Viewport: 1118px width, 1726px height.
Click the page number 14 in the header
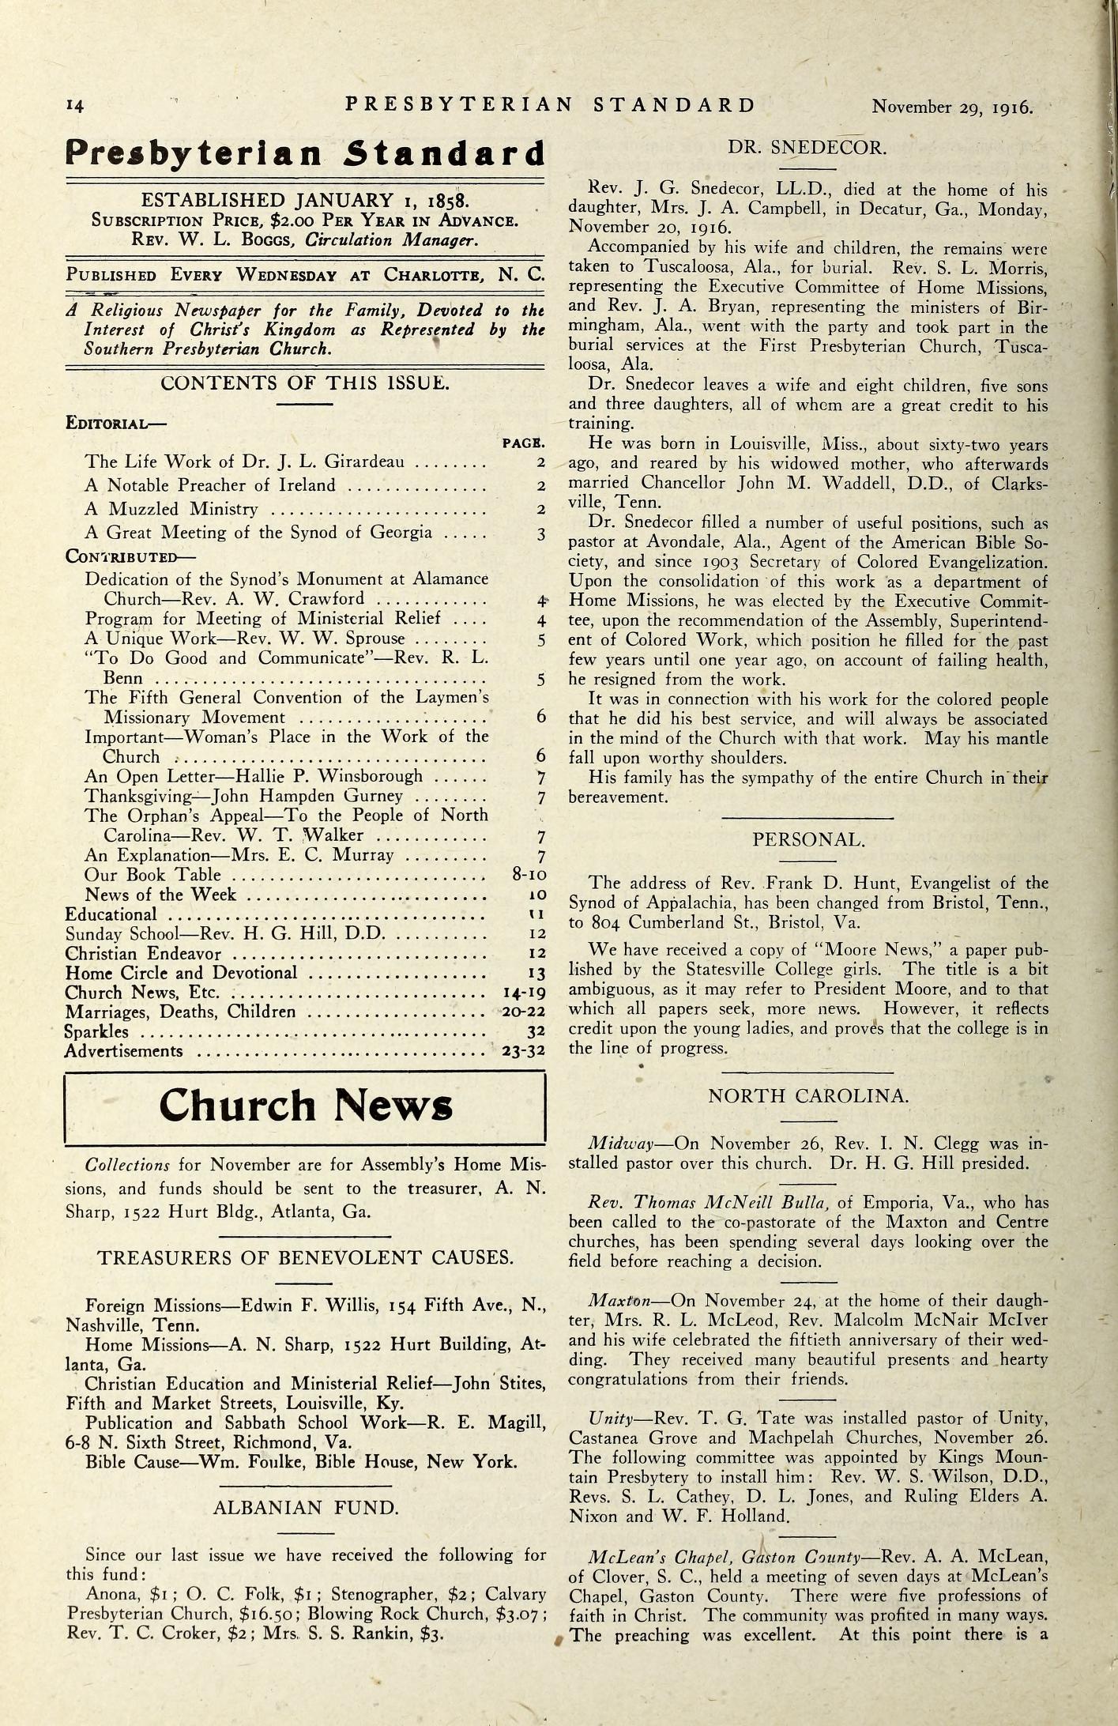(x=75, y=107)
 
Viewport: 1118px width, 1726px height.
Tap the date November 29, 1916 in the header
(x=952, y=107)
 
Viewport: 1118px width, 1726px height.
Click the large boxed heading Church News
(x=305, y=1106)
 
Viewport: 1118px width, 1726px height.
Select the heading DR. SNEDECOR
(x=807, y=147)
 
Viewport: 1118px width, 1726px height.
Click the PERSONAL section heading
(x=807, y=839)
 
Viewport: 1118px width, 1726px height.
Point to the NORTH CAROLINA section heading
(x=807, y=1095)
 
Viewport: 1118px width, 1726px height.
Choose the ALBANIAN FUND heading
(x=306, y=1508)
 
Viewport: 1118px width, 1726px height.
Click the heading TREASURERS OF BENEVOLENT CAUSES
(x=305, y=1258)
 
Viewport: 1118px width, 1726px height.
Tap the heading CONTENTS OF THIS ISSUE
(x=305, y=383)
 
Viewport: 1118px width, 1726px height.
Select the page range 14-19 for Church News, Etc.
(x=524, y=993)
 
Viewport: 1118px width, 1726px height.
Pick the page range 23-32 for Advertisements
(x=524, y=1051)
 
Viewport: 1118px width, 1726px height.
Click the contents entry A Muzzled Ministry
(x=171, y=509)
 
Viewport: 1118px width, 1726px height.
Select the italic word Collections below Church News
(x=127, y=1165)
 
